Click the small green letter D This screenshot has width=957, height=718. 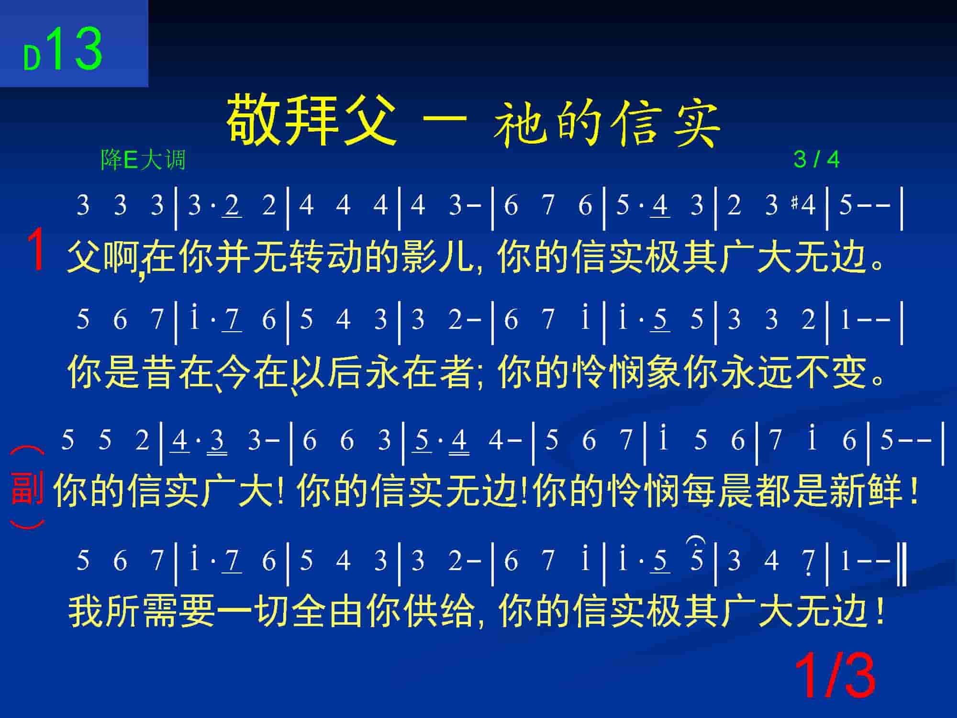tap(32, 59)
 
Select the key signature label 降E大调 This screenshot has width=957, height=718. tap(143, 159)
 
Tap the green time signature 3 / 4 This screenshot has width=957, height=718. tap(816, 159)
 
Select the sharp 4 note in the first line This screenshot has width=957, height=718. tap(804, 205)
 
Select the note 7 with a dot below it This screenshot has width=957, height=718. tap(809, 561)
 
